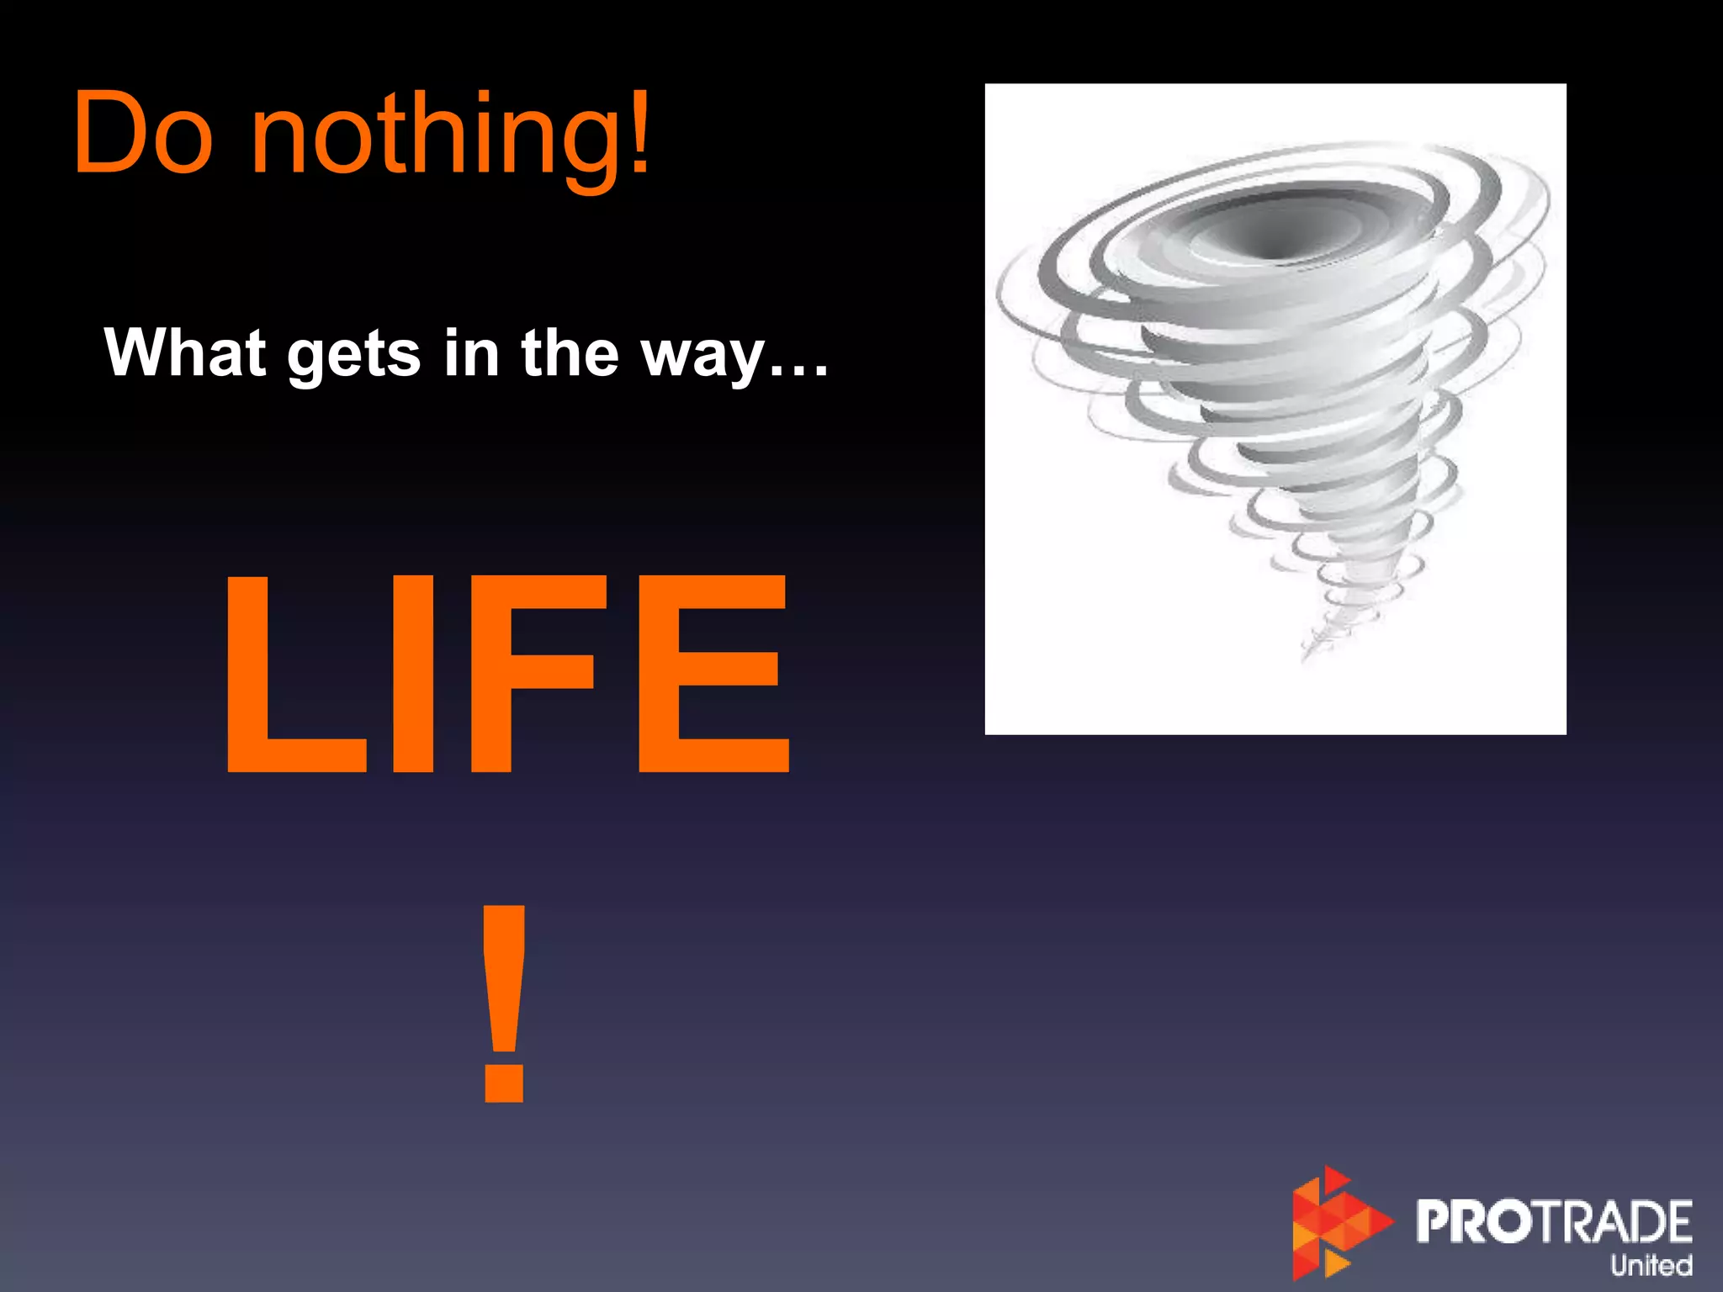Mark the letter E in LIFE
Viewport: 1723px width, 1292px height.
point(713,673)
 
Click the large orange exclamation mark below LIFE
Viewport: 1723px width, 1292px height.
point(504,1001)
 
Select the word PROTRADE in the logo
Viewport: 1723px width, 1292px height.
point(1553,1221)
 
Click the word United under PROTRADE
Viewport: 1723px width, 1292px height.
point(1651,1265)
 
